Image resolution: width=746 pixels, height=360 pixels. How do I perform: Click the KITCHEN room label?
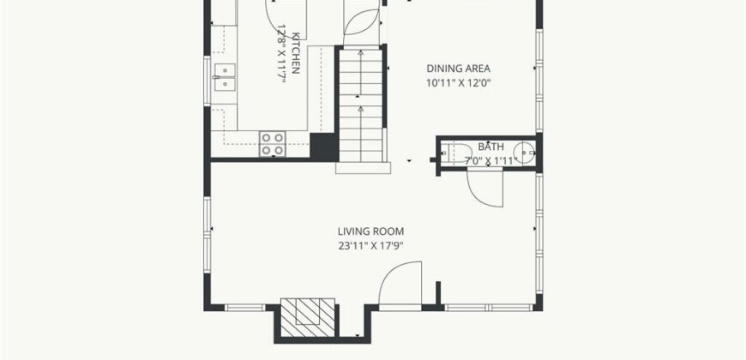[x=296, y=53]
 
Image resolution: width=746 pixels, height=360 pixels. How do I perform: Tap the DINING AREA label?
[x=458, y=69]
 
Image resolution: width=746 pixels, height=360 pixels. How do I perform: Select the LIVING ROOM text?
[x=370, y=231]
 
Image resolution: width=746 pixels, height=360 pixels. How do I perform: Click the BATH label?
[x=490, y=147]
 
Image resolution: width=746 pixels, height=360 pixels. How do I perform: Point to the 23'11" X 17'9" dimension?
[x=370, y=246]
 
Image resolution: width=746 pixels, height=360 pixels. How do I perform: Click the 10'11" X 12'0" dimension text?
[x=458, y=83]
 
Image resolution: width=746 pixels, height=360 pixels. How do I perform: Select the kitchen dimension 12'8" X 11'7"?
[x=280, y=53]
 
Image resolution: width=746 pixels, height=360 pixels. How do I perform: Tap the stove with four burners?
[x=273, y=144]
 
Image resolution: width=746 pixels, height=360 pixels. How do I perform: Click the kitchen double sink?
[x=224, y=77]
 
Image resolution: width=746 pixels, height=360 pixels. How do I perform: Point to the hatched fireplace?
[x=308, y=317]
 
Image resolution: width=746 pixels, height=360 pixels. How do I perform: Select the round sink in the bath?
[x=524, y=153]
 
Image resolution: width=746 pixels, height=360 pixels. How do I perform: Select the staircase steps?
[x=361, y=105]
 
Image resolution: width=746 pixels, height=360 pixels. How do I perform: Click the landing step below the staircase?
[x=363, y=167]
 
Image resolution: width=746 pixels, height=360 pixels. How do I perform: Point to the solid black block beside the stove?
[x=324, y=146]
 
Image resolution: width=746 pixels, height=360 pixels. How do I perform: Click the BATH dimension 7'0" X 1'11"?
[x=490, y=161]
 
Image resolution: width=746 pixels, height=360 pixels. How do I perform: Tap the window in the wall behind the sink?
[x=207, y=81]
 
